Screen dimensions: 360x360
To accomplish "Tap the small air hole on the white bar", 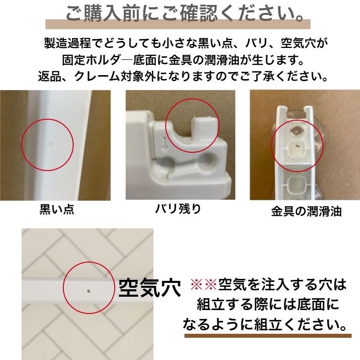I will pyautogui.click(x=88, y=290).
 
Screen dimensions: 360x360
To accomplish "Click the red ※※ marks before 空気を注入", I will pyautogui.click(x=204, y=285).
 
